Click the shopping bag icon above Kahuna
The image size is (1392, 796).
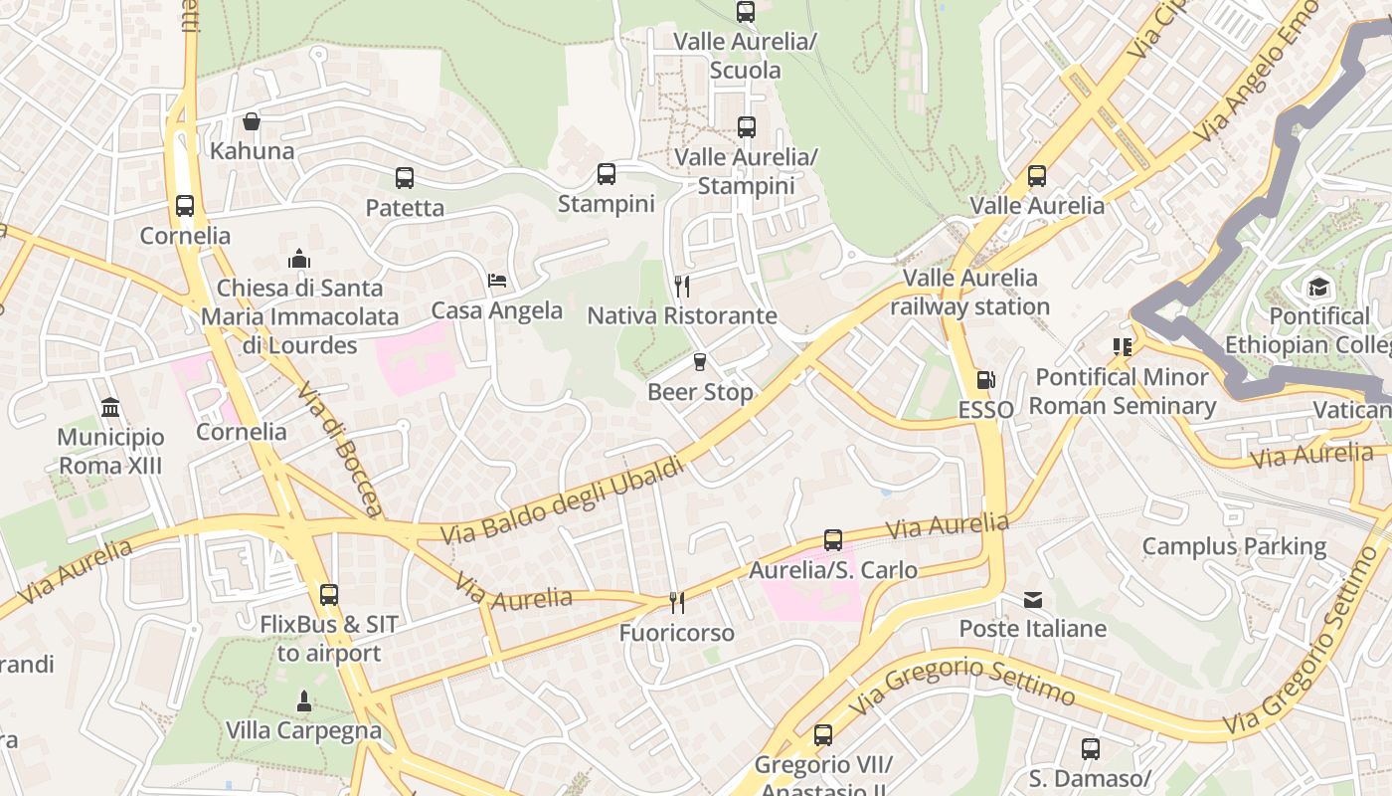click(x=252, y=121)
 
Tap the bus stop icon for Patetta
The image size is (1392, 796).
click(x=404, y=178)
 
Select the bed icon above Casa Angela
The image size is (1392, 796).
click(x=497, y=280)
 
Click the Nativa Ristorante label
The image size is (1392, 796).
click(x=682, y=316)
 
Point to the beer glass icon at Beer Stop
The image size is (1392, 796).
click(x=700, y=362)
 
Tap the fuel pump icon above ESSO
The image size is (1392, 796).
click(x=985, y=380)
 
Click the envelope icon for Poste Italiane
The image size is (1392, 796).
click(x=1033, y=599)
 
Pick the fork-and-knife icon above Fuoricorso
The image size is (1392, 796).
click(x=676, y=602)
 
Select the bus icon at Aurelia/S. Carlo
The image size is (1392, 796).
click(x=833, y=540)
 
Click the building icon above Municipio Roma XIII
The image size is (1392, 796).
click(x=110, y=407)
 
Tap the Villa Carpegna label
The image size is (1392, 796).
click(x=303, y=730)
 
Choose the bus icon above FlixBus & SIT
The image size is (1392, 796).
click(x=329, y=595)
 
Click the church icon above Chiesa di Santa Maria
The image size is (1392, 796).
click(x=299, y=259)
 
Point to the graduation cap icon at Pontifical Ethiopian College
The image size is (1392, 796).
click(x=1318, y=288)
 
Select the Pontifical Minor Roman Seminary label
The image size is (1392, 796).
click(x=1122, y=392)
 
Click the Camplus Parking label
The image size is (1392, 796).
click(x=1233, y=546)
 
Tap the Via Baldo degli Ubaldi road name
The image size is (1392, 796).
click(x=563, y=500)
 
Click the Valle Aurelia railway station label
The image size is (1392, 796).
click(x=969, y=293)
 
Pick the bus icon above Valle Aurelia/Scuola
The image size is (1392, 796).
click(x=746, y=12)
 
